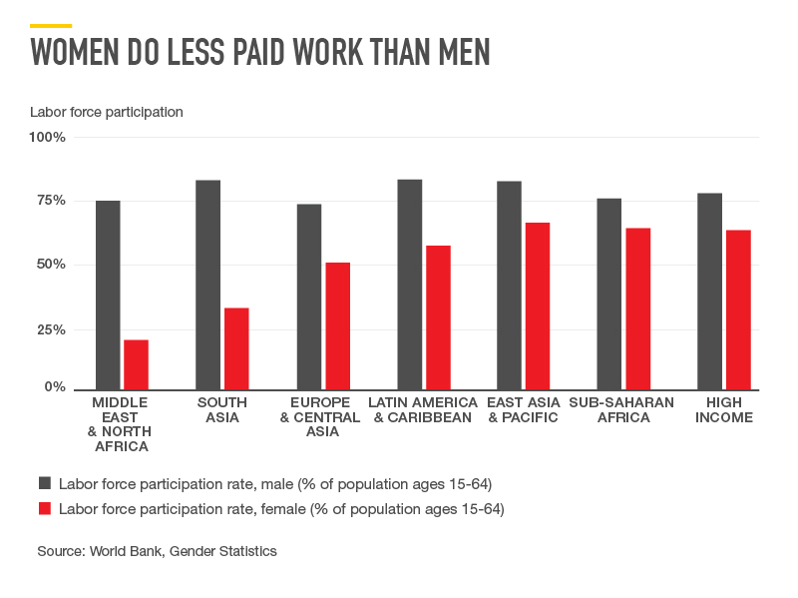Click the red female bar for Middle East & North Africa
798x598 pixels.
[x=136, y=364]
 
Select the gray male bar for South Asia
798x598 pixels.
[x=207, y=285]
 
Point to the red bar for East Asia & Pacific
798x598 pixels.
[x=538, y=305]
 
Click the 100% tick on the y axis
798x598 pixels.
[x=48, y=137]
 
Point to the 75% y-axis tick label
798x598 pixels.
[x=51, y=201]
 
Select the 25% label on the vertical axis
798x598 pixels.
[x=51, y=329]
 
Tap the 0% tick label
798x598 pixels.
[x=54, y=386]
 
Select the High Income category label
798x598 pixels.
[x=724, y=410]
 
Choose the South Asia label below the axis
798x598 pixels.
[x=222, y=410]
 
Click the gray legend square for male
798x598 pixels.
[x=45, y=483]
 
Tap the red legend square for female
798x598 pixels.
[x=45, y=509]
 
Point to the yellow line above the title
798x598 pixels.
[x=51, y=25]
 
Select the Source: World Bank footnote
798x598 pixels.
[x=157, y=551]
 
